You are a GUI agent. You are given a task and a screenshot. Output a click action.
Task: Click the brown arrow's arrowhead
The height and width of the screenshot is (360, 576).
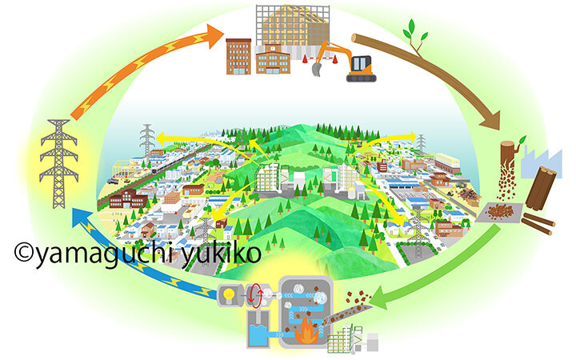[489, 120]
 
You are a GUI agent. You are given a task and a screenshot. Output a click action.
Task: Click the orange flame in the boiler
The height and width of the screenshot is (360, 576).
[306, 331]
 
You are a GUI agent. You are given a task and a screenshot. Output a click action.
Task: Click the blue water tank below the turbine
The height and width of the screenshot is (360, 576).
[258, 335]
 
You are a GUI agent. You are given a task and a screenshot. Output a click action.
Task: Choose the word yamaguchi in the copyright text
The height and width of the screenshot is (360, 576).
[88, 254]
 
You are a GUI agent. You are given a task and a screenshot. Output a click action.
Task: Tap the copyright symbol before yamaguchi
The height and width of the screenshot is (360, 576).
[22, 254]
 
